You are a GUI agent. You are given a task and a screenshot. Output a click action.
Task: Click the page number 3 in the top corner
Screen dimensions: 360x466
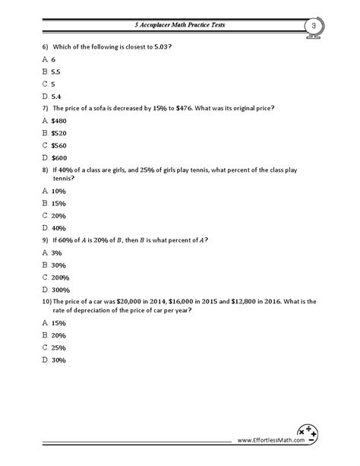(312, 27)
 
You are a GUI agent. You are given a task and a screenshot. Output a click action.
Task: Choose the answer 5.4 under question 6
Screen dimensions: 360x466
(58, 96)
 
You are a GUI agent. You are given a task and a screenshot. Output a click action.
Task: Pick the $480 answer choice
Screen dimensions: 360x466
(59, 121)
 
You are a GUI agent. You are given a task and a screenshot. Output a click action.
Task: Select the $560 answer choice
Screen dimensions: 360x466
(59, 145)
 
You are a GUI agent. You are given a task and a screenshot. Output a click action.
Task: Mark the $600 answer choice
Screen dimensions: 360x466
(59, 157)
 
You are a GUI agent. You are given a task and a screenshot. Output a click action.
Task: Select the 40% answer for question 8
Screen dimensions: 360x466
(58, 227)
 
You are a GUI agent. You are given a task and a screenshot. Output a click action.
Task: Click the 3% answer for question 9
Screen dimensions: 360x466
(56, 252)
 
